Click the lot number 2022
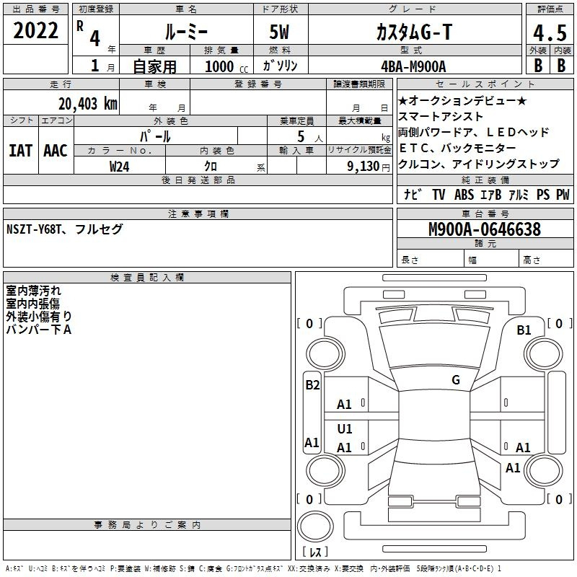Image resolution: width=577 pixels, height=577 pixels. [35, 30]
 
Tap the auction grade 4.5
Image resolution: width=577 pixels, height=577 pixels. [550, 32]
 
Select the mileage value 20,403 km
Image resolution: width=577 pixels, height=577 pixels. [87, 104]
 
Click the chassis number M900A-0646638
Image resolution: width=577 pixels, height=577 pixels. [485, 229]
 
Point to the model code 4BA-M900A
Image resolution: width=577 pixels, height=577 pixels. [413, 66]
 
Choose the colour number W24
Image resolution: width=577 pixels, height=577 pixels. [119, 167]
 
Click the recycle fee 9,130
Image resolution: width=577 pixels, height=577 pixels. [364, 167]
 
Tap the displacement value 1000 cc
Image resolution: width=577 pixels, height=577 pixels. [226, 66]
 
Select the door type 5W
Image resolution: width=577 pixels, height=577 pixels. [279, 32]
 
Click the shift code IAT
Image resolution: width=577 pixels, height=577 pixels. [20, 151]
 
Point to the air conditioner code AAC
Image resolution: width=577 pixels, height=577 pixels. [56, 151]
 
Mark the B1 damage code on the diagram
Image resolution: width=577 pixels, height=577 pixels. [524, 330]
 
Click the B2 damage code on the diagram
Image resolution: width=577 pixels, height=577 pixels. [312, 385]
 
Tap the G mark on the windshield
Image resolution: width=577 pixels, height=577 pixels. [456, 380]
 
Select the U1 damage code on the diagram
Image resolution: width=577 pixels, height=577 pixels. [345, 428]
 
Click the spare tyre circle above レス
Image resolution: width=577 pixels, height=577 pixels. [315, 527]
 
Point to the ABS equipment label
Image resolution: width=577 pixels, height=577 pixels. [464, 195]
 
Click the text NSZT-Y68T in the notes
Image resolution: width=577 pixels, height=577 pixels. [34, 229]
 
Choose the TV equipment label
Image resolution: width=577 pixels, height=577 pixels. [439, 195]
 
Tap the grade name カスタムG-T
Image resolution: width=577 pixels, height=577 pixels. [414, 32]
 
